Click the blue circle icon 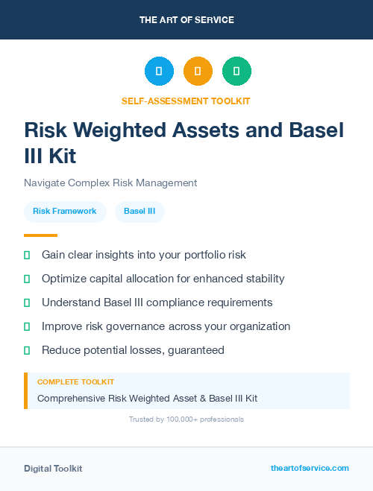[x=159, y=71]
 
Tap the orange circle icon [x=198, y=71]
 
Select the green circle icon [x=236, y=71]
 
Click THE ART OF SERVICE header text [x=186, y=20]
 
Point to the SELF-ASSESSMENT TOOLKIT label [x=186, y=101]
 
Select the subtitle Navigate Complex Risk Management [x=110, y=183]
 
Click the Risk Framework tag [x=65, y=212]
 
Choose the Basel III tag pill [x=140, y=212]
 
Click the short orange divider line [x=40, y=235]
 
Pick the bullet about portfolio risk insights [x=143, y=255]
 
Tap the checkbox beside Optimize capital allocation [x=27, y=279]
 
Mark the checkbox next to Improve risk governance [x=27, y=326]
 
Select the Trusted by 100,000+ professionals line [x=186, y=419]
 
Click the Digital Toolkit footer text [x=53, y=469]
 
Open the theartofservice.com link [x=310, y=468]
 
